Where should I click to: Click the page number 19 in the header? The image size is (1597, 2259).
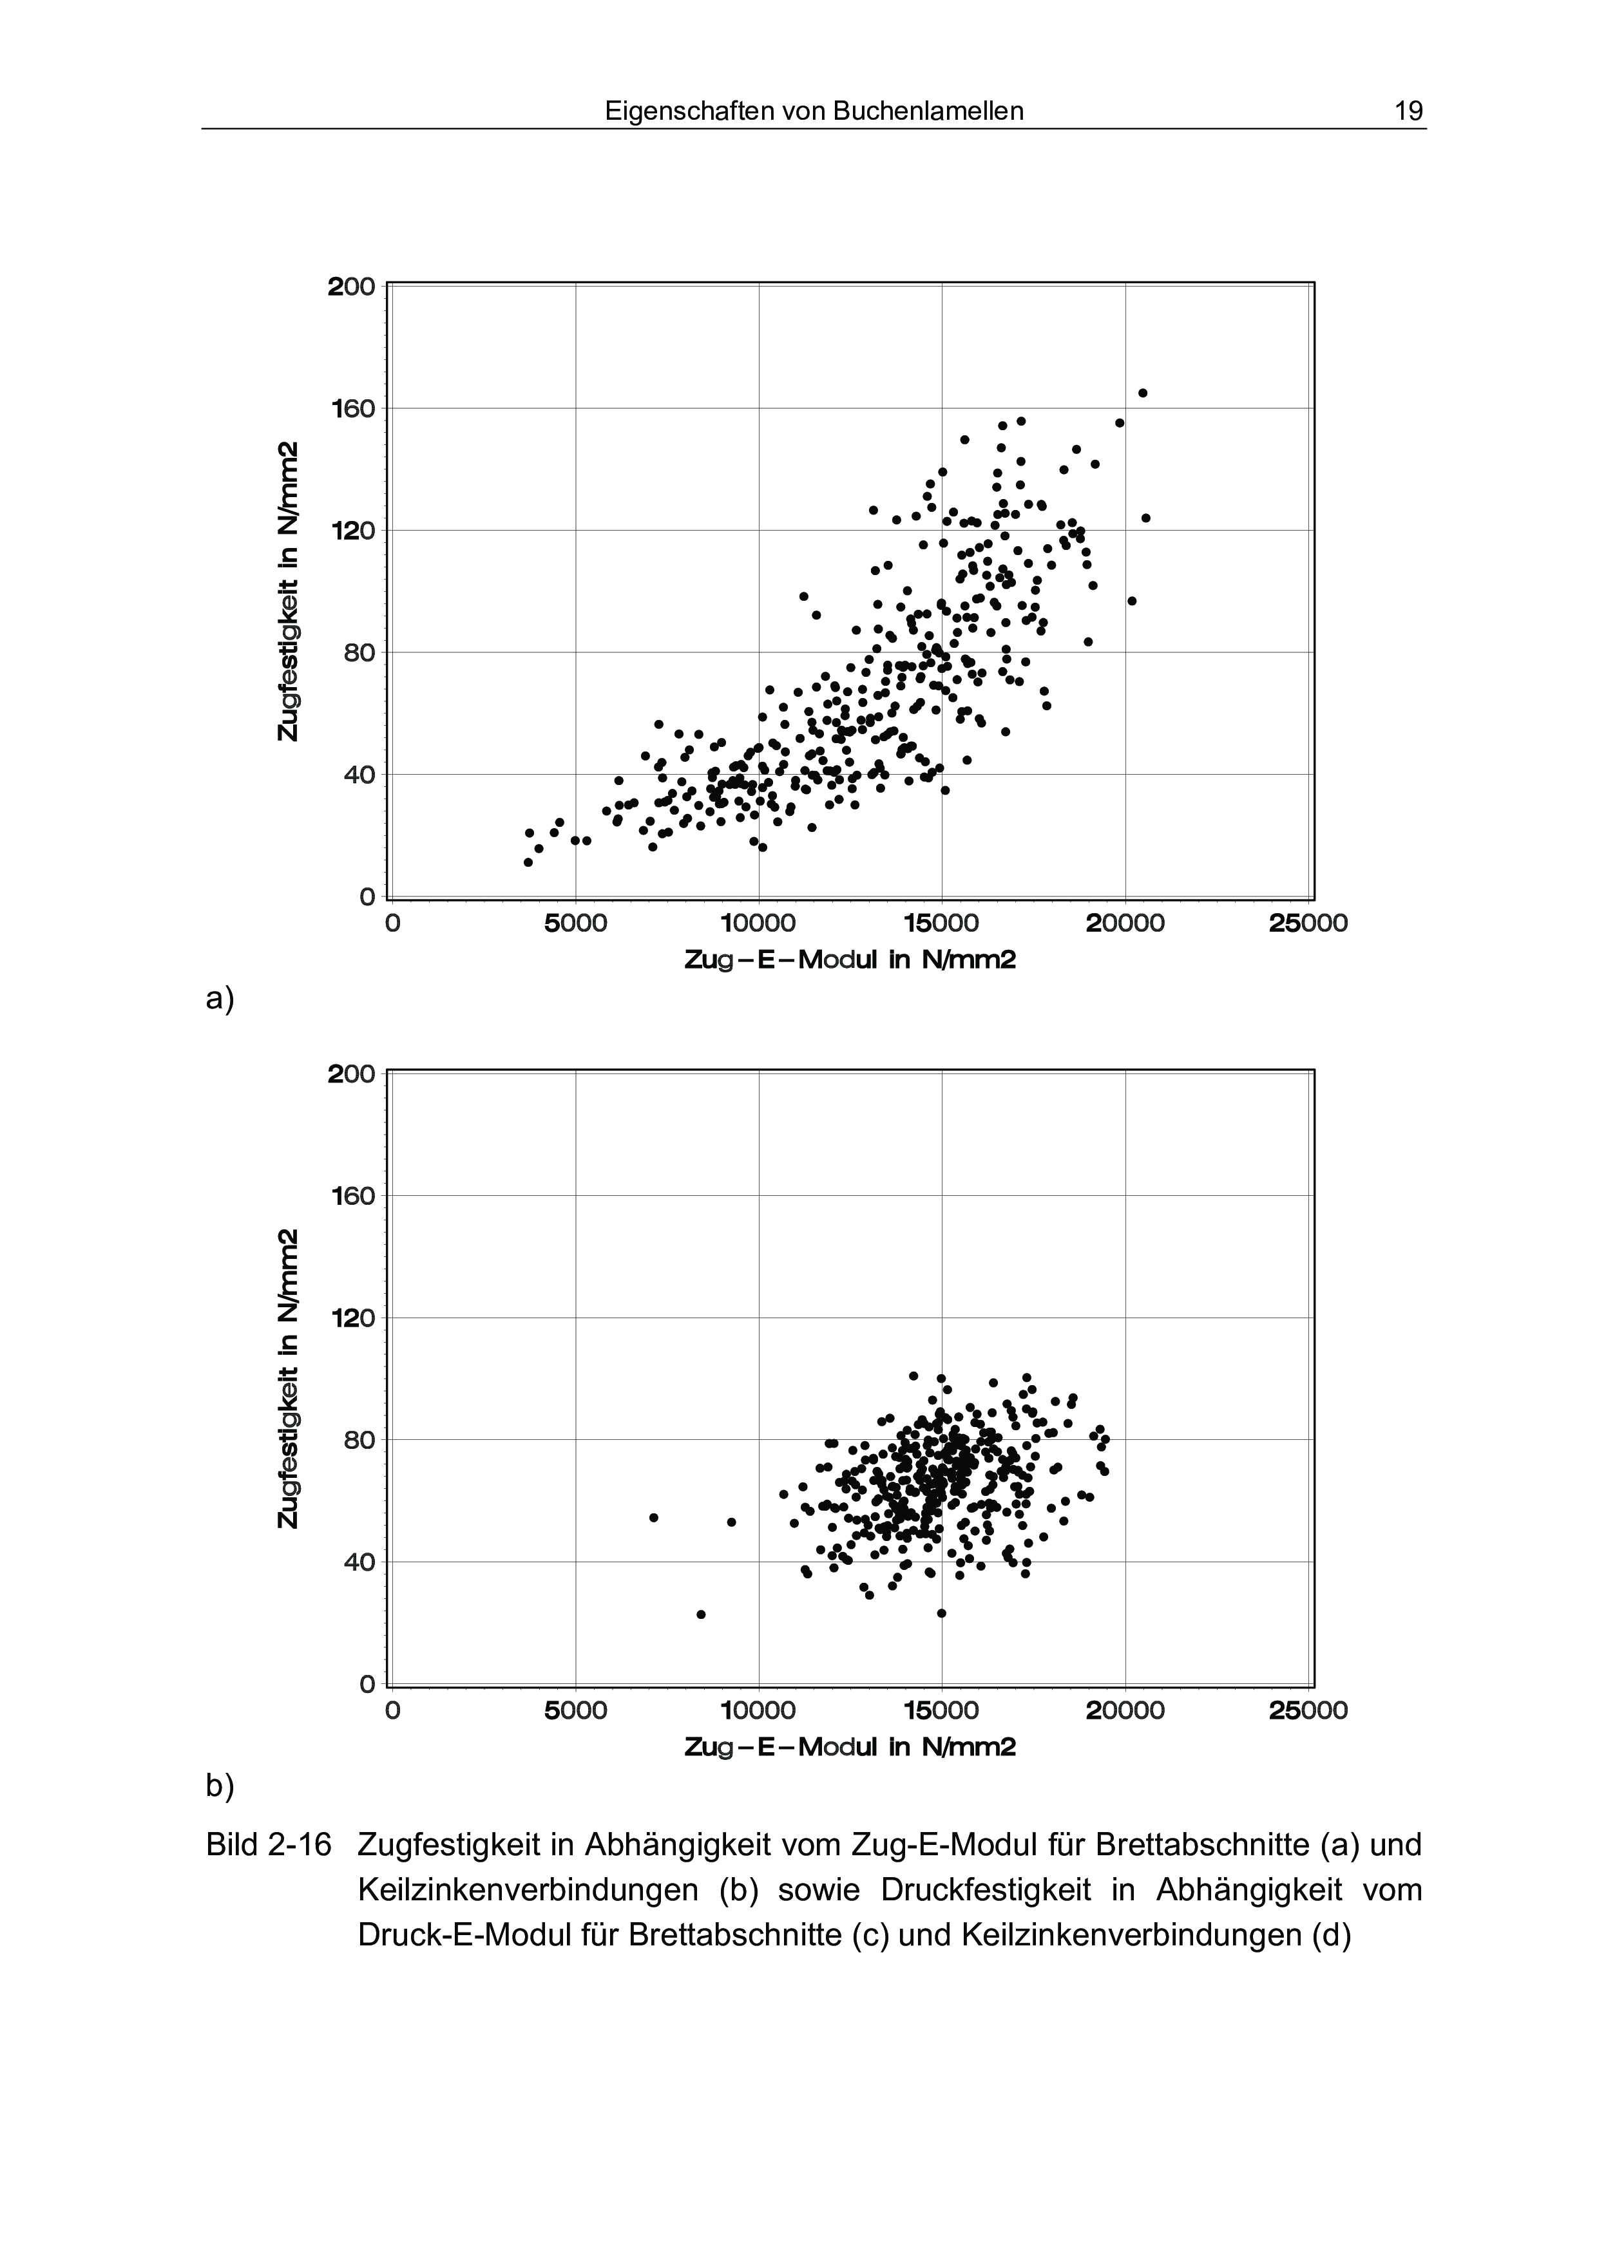pos(1408,111)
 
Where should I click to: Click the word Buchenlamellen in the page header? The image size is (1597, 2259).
pos(928,111)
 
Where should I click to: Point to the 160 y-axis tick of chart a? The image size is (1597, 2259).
pos(351,408)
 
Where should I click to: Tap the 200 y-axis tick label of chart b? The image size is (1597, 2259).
pos(351,1074)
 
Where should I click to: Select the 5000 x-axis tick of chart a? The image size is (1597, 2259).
pos(576,924)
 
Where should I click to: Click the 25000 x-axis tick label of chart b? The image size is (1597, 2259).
pos(1308,1711)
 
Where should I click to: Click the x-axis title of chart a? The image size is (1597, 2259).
pos(849,959)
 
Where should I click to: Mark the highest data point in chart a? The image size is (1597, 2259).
pos(1142,393)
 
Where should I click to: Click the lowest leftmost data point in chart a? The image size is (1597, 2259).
pos(528,862)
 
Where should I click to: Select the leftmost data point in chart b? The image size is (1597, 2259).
pos(653,1517)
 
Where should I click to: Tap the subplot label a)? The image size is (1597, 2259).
pos(220,999)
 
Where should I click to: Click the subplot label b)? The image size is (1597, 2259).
pos(220,1785)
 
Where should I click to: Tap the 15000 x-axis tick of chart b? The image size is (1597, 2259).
pos(942,1711)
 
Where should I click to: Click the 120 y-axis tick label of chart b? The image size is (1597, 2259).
pos(351,1318)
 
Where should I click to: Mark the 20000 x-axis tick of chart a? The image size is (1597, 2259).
pos(1125,924)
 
